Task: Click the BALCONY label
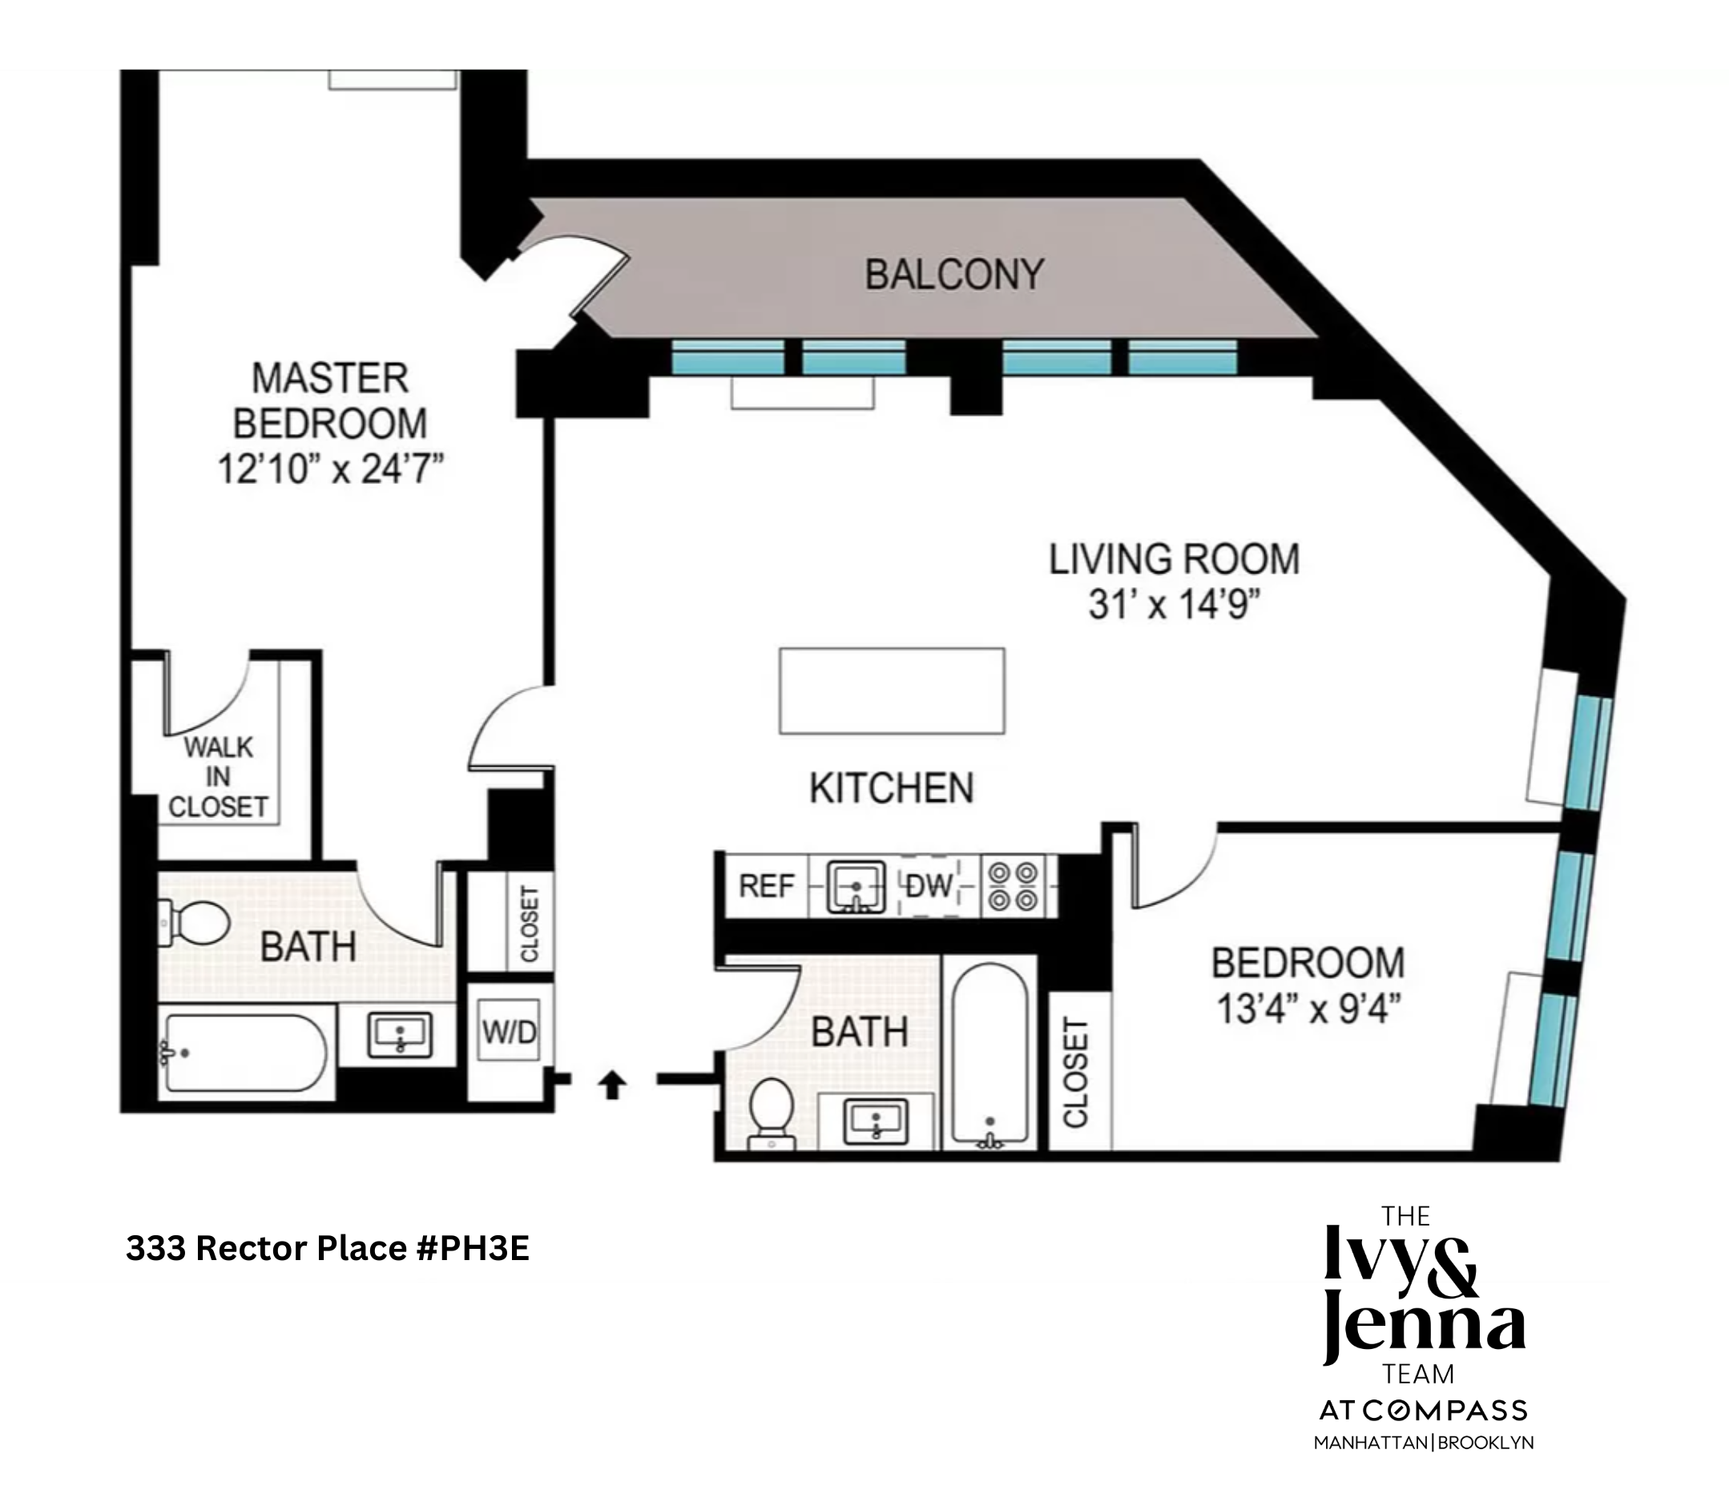tap(953, 275)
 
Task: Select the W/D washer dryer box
tap(509, 1032)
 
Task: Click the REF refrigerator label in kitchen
tap(766, 886)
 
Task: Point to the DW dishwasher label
tap(929, 886)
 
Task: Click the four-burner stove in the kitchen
tap(1013, 887)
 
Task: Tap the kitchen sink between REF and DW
tap(856, 887)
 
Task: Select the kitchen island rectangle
tap(892, 691)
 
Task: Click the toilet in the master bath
tap(196, 923)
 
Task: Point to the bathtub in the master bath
tap(245, 1053)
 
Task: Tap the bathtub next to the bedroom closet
tap(989, 1054)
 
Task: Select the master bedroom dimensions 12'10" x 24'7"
tap(329, 469)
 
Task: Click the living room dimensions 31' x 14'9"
tap(1173, 604)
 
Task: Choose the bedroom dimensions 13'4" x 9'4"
tap(1308, 1009)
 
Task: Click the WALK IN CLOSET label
tap(218, 776)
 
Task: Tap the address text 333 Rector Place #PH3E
tap(328, 1248)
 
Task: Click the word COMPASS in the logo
tap(1444, 1411)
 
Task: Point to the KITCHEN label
tap(891, 789)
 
